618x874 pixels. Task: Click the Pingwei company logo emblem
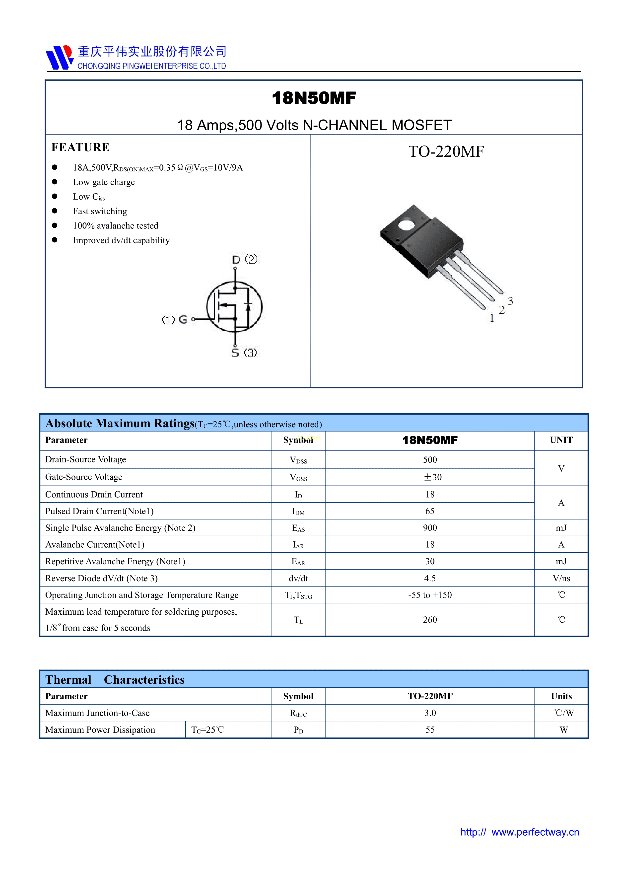pos(59,58)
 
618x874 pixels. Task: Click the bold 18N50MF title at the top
pos(314,98)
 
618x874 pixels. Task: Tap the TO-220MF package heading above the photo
pos(446,151)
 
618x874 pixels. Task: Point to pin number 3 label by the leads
pos(510,301)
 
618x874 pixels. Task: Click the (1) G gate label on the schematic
pos(175,319)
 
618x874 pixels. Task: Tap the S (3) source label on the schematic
pos(244,353)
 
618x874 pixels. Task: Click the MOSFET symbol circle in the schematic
pos(234,307)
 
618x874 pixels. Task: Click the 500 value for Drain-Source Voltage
pos(430,460)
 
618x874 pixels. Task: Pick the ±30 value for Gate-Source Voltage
pos(433,477)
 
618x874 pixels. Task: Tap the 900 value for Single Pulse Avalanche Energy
pos(430,528)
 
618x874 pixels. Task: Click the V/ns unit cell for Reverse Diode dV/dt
pos(561,579)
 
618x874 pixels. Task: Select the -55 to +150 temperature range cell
pos(430,595)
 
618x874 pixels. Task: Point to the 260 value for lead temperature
pos(430,620)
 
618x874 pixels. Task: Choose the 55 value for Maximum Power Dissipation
pos(430,730)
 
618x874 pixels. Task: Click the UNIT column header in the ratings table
pos(561,440)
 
